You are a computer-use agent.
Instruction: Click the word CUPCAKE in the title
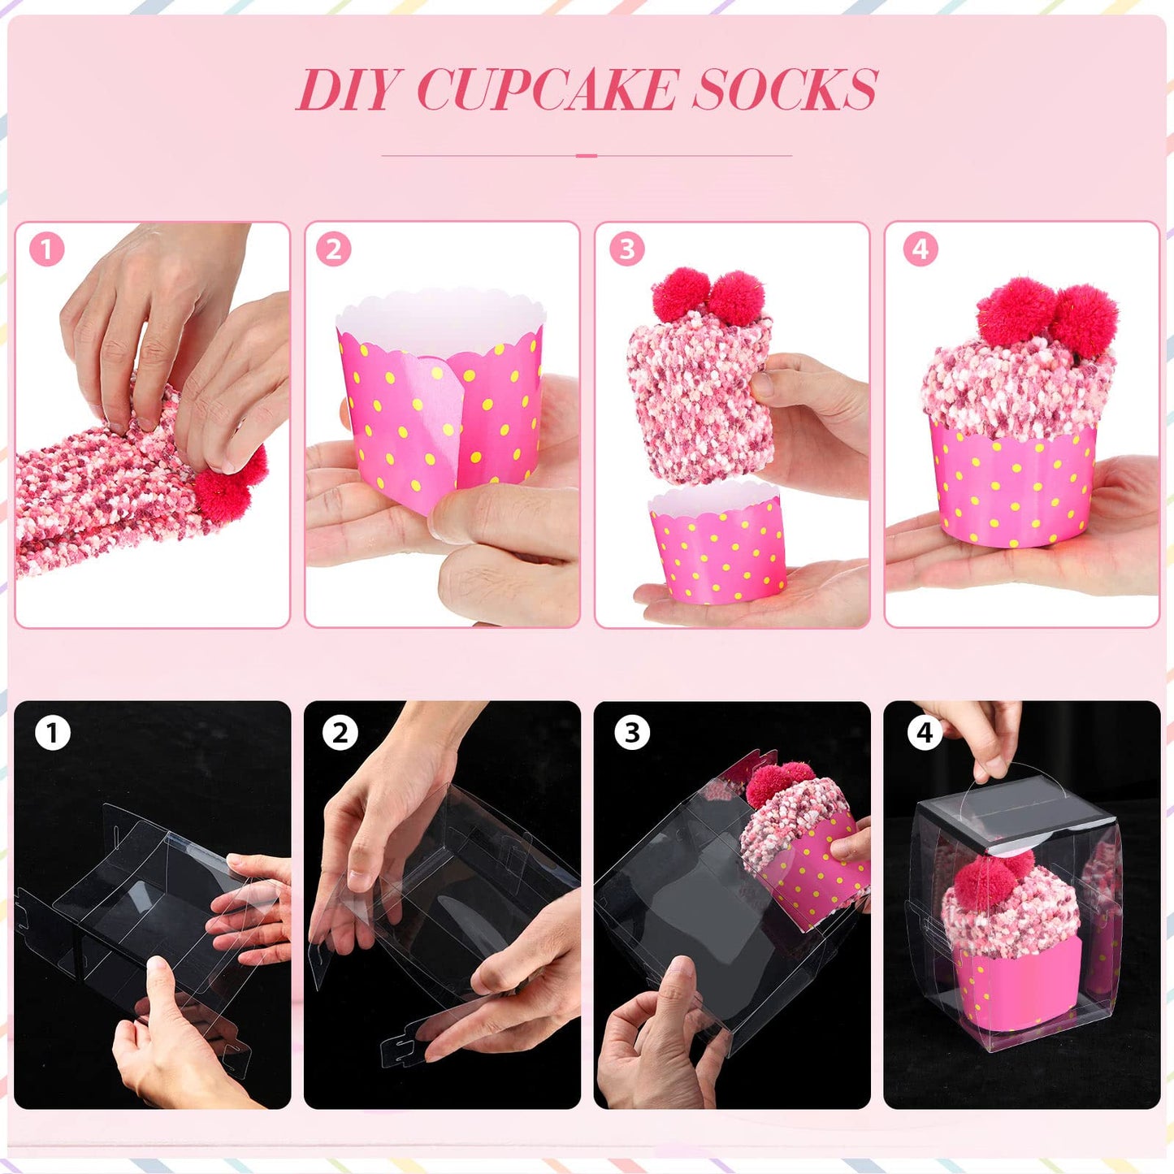click(x=546, y=89)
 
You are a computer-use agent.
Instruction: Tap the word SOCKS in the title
click(x=785, y=89)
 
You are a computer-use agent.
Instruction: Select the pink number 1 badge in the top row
click(x=46, y=249)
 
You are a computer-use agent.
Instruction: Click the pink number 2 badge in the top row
click(x=334, y=249)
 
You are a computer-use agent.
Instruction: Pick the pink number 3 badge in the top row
click(x=626, y=249)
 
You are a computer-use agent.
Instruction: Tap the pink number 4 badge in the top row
click(x=920, y=249)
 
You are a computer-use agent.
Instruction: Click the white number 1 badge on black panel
click(x=53, y=733)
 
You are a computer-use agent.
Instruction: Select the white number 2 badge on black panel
click(x=340, y=733)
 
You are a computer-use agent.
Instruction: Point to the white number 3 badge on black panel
click(x=632, y=733)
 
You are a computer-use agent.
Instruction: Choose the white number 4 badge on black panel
click(x=925, y=733)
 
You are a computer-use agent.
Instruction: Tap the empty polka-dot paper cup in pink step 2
click(x=439, y=406)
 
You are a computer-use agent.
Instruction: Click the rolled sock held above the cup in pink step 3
click(x=697, y=390)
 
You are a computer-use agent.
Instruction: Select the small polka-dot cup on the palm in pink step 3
click(x=718, y=544)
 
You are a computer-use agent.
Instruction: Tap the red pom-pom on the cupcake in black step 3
click(x=778, y=782)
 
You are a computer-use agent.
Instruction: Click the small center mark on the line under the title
click(x=587, y=155)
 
